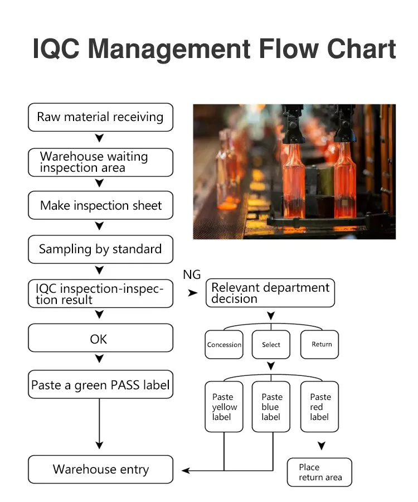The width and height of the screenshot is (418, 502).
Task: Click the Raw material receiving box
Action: click(100, 117)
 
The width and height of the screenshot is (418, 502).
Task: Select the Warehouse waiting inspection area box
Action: click(100, 162)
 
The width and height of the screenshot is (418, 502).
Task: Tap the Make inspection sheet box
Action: click(100, 205)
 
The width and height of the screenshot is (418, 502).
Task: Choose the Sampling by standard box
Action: click(100, 249)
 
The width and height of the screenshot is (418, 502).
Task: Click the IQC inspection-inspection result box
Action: click(100, 294)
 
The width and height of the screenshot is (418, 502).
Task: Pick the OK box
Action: click(100, 339)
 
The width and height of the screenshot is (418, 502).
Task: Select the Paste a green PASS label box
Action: click(100, 385)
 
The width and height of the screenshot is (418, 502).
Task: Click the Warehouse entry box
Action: click(100, 469)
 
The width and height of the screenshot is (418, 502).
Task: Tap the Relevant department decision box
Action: click(270, 293)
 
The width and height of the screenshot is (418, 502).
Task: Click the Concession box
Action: click(224, 345)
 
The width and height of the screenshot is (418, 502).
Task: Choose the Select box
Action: click(271, 345)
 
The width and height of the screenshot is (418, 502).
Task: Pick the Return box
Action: click(320, 344)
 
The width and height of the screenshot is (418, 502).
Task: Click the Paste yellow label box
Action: click(224, 407)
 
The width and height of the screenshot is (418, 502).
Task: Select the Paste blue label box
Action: click(271, 407)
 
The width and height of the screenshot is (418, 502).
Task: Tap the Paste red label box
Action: click(320, 407)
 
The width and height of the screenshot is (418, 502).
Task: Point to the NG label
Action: click(192, 274)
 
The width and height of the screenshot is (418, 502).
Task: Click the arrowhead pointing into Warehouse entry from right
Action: click(186, 471)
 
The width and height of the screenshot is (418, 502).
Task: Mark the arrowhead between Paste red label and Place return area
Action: click(321, 446)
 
